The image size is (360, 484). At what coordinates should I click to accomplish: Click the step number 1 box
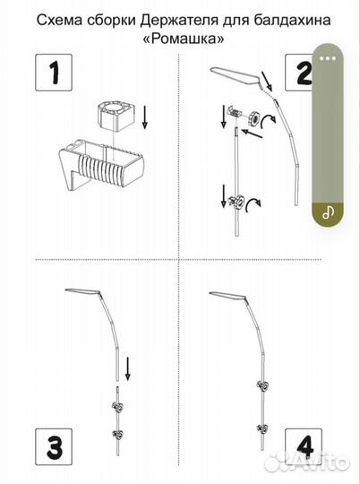tap(54, 73)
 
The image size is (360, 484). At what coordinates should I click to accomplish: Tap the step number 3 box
tap(54, 446)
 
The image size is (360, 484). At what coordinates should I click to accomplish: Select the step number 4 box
tap(304, 446)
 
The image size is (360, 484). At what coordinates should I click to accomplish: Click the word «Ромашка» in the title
tap(184, 39)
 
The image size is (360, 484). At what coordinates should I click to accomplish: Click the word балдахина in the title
tap(292, 21)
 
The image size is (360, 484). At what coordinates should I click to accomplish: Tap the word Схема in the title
tap(58, 21)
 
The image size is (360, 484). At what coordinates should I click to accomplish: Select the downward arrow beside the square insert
tap(145, 117)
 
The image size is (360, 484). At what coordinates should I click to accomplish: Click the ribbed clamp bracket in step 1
tap(102, 165)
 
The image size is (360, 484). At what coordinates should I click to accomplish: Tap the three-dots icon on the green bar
tap(328, 58)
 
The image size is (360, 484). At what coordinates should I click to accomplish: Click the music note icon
tap(328, 212)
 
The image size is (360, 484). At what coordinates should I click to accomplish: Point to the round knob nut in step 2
tap(254, 117)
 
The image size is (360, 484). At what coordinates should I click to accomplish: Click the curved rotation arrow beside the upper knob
tap(267, 121)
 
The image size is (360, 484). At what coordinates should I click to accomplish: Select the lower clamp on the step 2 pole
tap(236, 203)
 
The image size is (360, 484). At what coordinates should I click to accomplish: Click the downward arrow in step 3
tap(128, 369)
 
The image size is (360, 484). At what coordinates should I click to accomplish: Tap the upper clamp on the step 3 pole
tap(118, 408)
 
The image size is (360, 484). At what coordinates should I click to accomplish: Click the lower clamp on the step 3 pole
tap(118, 435)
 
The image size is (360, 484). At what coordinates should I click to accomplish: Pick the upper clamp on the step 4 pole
tap(262, 385)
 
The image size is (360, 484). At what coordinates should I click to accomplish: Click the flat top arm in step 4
tap(227, 296)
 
